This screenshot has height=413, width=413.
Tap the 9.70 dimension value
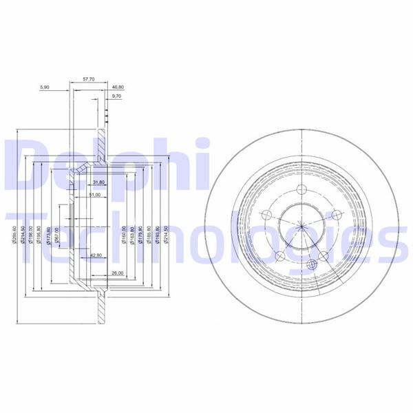coord(117,97)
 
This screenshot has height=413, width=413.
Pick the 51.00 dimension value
coord(94,195)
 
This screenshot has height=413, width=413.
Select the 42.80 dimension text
coord(97,256)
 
